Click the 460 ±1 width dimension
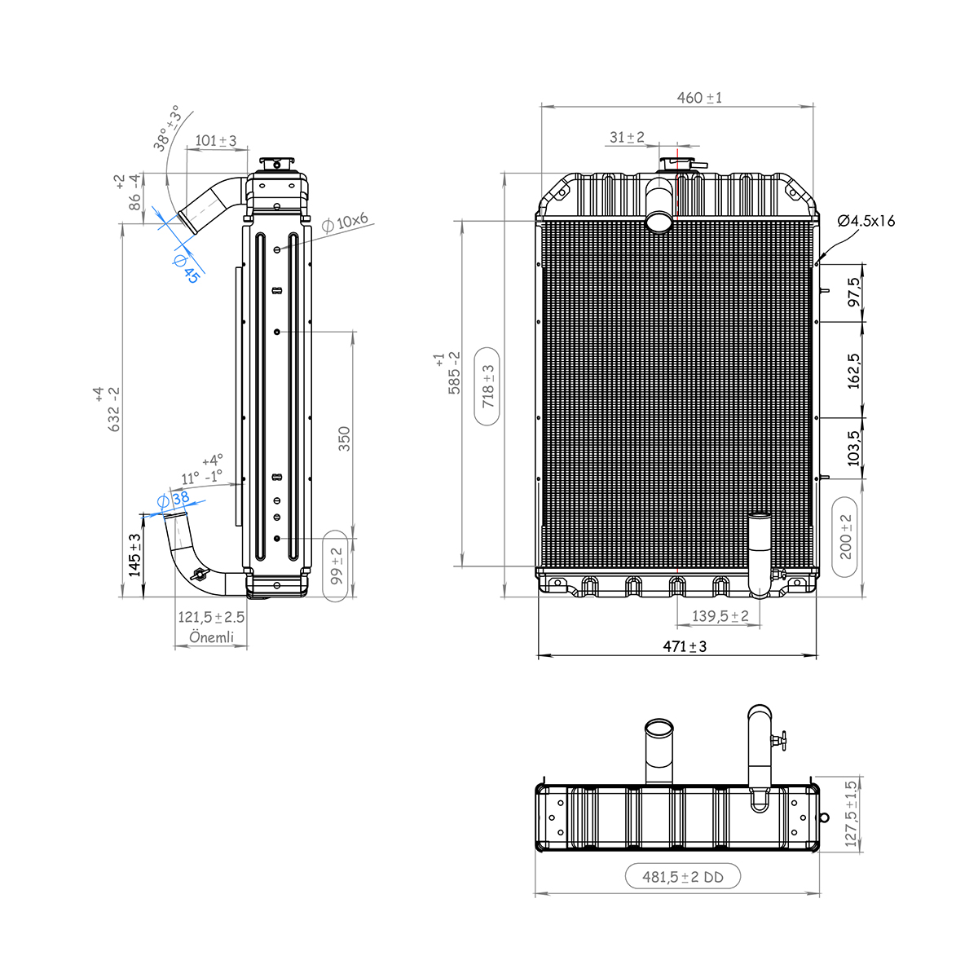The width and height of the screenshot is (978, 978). [699, 98]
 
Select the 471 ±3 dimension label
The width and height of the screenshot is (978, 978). [684, 646]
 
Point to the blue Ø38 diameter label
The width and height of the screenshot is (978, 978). [172, 498]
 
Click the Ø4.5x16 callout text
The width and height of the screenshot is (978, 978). [866, 221]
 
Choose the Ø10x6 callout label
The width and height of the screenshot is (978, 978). [345, 222]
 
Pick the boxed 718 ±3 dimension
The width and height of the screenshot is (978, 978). [488, 386]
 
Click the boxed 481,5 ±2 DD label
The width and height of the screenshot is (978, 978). [683, 877]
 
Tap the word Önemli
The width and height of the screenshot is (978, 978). [211, 637]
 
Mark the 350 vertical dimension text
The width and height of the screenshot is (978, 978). [344, 438]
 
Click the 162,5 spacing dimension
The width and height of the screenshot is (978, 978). [853, 370]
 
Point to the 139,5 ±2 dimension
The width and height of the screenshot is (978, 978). [720, 616]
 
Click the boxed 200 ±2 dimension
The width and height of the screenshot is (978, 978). [845, 536]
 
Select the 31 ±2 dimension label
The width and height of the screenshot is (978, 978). [627, 137]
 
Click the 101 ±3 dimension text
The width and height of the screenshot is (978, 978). [216, 141]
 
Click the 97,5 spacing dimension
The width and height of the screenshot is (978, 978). [853, 293]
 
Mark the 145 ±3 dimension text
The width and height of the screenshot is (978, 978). [135, 554]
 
